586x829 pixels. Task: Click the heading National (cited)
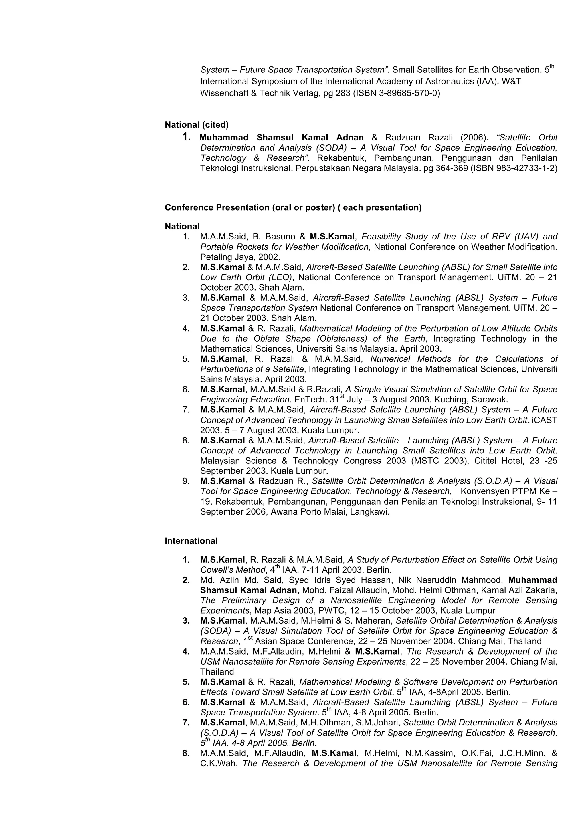[x=196, y=125]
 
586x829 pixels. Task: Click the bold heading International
[x=191, y=541]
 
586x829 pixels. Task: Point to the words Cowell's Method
[x=233, y=570]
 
